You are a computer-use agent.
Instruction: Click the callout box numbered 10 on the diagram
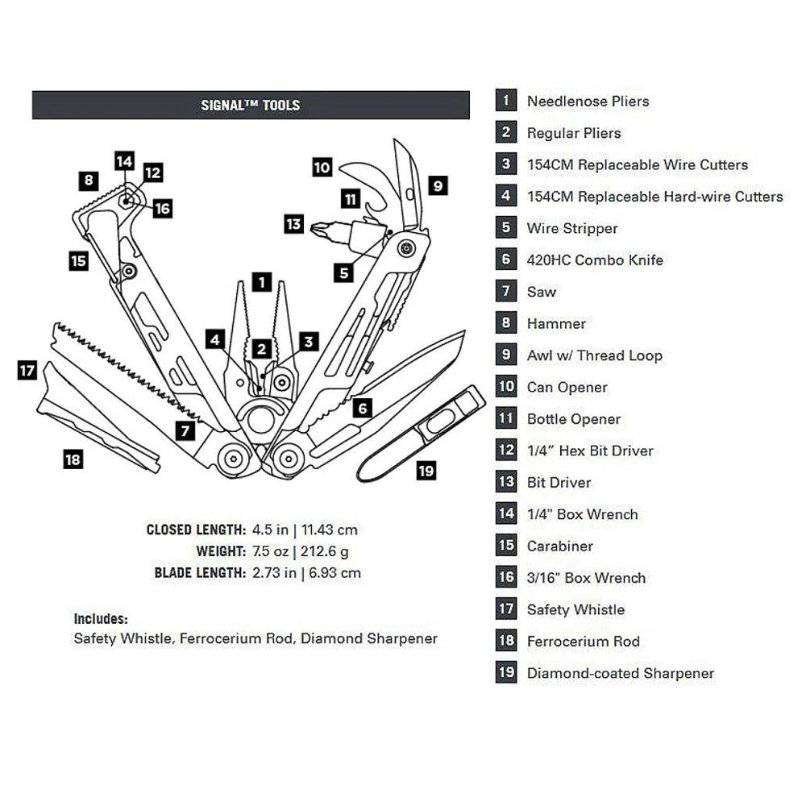(322, 168)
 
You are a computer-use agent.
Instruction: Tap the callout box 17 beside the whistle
(27, 371)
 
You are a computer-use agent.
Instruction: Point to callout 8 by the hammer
(88, 181)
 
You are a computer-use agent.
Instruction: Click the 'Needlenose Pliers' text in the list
(588, 102)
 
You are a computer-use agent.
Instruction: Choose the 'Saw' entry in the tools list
(542, 292)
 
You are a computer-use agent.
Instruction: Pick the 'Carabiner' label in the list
(559, 546)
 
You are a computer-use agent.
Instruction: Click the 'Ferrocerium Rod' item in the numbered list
(583, 642)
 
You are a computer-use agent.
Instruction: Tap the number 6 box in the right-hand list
(506, 260)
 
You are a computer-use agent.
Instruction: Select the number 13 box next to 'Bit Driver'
(506, 482)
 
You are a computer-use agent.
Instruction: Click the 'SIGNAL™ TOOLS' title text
(251, 105)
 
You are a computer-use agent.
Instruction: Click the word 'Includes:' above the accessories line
(101, 619)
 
